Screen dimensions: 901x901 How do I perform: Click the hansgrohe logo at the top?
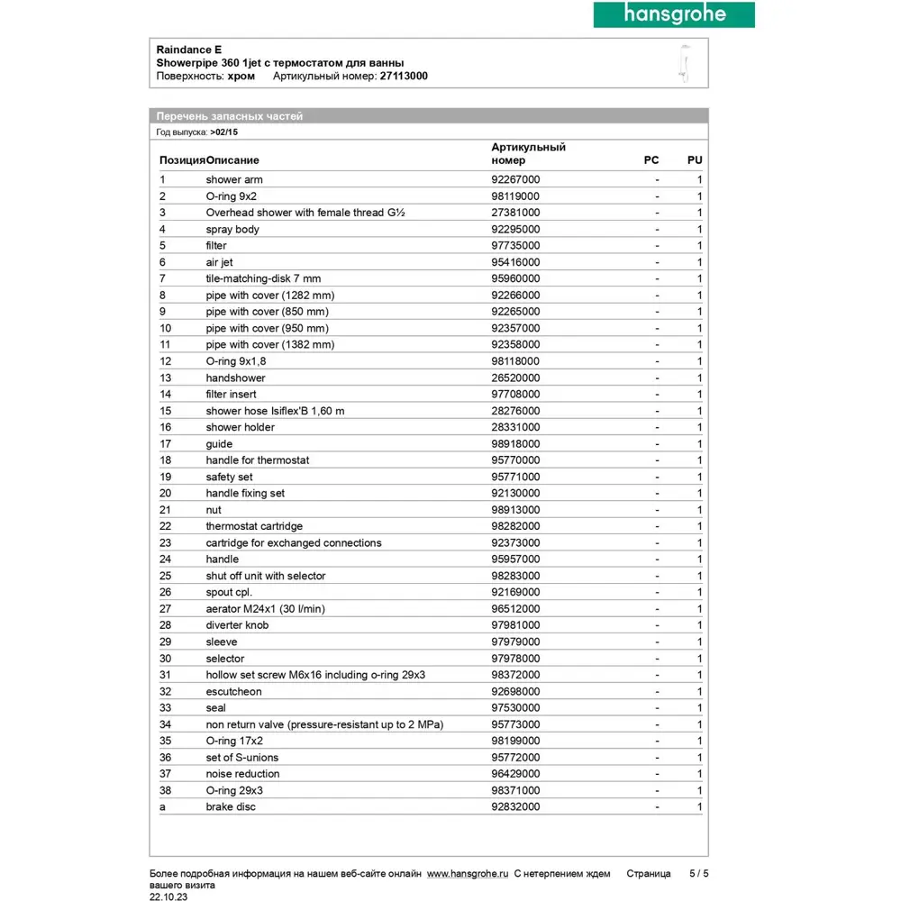[673, 14]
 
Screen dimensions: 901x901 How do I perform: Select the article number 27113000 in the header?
[404, 77]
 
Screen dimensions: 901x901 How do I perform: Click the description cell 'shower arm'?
[234, 179]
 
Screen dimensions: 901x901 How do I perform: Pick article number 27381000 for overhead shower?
[515, 213]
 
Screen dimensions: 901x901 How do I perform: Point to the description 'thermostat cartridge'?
[254, 526]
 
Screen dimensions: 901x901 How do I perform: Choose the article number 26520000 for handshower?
[515, 378]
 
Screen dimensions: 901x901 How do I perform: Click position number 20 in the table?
[166, 493]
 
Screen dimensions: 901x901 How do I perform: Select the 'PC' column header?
[651, 160]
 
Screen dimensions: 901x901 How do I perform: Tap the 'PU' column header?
[695, 160]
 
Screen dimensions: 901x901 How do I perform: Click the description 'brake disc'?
[231, 806]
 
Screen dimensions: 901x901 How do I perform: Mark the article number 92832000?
[515, 806]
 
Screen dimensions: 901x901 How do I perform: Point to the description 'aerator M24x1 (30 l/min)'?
[266, 609]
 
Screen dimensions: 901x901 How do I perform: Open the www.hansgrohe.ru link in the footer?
[468, 873]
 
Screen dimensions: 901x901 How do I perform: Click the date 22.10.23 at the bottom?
[169, 897]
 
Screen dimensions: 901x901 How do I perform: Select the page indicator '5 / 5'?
[699, 873]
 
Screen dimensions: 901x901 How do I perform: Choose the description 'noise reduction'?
[242, 774]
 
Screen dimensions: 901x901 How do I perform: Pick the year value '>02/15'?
[224, 132]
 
